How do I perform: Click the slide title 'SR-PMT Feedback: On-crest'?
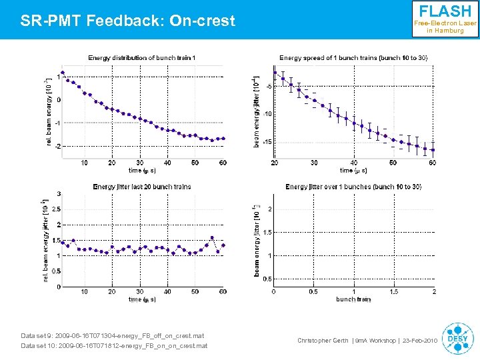tap(128, 21)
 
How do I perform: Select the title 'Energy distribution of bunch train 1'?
tap(142, 58)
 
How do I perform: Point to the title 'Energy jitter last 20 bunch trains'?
tap(141, 187)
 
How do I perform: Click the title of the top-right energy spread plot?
tap(353, 58)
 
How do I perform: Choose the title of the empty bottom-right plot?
tap(353, 187)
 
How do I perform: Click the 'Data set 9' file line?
tap(113, 335)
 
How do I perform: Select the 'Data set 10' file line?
tap(114, 346)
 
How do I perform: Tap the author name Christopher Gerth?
tap(323, 341)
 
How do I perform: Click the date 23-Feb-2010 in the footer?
tap(420, 341)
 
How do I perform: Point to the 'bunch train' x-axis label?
tap(353, 299)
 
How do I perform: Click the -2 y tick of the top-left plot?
tap(57, 146)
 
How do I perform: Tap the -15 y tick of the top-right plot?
tap(267, 141)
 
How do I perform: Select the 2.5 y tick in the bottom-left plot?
tap(57, 209)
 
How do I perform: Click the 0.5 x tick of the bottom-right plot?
tap(313, 291)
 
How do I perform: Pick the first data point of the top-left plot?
tap(63, 73)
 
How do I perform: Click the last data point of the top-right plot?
tap(433, 150)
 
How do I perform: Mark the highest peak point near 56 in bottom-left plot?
tap(212, 237)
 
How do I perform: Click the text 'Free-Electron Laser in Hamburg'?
tap(445, 27)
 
